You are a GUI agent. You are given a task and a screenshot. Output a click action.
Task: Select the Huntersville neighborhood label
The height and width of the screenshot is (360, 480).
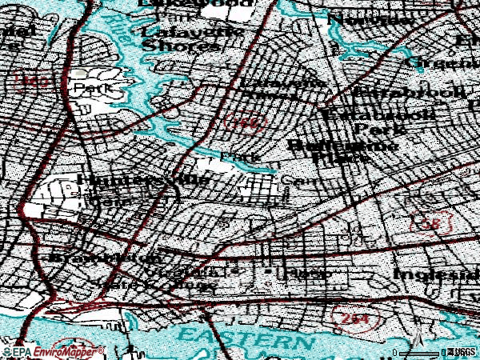click(x=144, y=182)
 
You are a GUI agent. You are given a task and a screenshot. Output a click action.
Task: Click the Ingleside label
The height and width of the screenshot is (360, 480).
click(x=436, y=274)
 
